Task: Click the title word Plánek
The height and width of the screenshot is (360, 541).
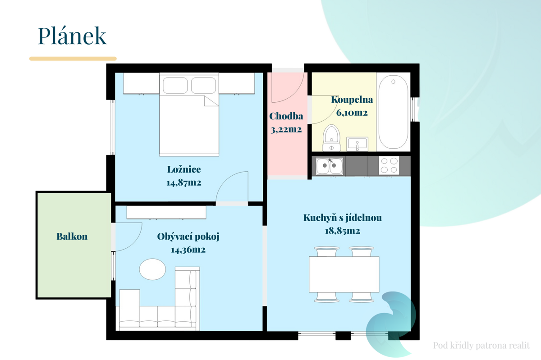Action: (72, 36)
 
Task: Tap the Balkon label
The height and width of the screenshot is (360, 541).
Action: (72, 237)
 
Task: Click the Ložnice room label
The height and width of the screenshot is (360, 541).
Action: (184, 169)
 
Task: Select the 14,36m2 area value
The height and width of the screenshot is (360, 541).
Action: (188, 250)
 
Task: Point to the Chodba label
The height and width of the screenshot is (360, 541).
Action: (286, 116)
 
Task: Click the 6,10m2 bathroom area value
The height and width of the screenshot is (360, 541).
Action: (352, 113)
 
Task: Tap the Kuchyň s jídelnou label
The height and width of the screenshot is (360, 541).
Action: (343, 218)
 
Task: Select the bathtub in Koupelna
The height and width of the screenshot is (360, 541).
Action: (393, 112)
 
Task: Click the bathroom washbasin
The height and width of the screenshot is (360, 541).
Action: (357, 144)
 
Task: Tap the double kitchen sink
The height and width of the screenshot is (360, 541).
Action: (330, 166)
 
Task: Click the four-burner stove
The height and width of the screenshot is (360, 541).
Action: (389, 165)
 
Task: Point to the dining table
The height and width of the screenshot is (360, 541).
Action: (344, 274)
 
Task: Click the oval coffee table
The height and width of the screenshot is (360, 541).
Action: (152, 269)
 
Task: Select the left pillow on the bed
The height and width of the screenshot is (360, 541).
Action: (175, 85)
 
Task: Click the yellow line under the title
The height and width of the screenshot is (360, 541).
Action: (73, 59)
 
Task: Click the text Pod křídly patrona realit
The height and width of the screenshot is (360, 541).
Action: (481, 346)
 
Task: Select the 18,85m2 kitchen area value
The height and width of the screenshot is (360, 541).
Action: (343, 231)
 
